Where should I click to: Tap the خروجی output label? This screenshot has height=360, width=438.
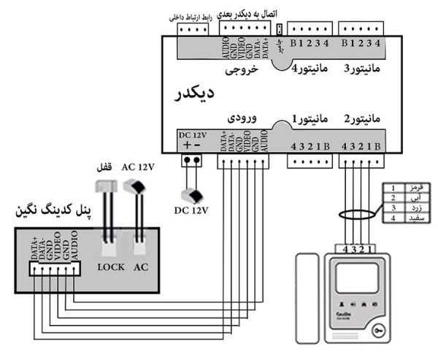(242, 71)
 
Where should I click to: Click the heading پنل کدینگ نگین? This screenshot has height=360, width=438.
(49, 211)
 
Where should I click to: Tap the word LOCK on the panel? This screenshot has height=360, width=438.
(111, 267)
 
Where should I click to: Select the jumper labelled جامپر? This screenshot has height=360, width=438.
(280, 30)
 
